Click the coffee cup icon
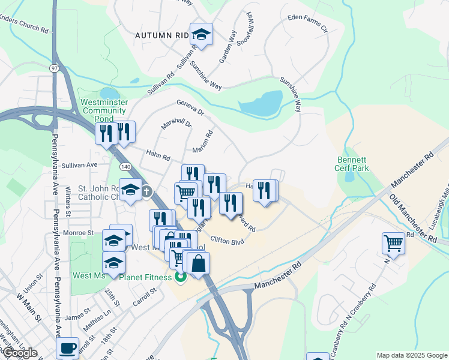click(x=67, y=349)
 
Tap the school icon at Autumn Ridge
click(x=202, y=35)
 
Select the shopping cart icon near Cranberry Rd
click(x=393, y=243)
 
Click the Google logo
click(x=20, y=353)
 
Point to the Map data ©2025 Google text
click(x=411, y=355)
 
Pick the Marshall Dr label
click(x=176, y=124)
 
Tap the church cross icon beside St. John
click(x=146, y=191)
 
